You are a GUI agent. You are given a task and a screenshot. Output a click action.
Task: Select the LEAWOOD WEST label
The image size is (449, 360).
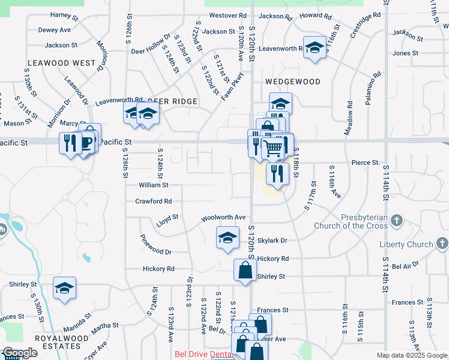tap(62, 62)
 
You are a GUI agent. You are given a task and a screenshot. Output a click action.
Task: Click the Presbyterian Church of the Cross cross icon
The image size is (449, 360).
tap(396, 221)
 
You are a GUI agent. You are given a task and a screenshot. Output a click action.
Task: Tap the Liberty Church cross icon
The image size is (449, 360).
tap(442, 244)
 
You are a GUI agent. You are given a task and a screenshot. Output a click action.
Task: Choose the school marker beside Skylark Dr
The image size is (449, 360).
tap(228, 238)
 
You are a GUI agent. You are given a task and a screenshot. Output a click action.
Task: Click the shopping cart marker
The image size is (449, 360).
tap(273, 147)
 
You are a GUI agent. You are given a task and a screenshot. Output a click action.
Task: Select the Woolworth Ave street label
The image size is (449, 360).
tap(223, 217)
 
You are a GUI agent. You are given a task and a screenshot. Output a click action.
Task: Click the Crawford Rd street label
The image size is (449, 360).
tap(153, 202)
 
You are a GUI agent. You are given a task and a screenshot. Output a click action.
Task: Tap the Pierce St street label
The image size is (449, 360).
tap(366, 163)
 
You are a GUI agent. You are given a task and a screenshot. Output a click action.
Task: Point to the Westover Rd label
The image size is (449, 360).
tap(228, 15)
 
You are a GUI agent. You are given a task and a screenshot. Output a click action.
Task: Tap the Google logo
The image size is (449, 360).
tap(20, 353)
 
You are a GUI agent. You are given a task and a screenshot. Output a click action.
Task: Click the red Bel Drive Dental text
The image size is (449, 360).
tap(204, 355)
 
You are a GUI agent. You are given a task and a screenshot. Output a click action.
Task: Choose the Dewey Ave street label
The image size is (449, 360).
tap(55, 29)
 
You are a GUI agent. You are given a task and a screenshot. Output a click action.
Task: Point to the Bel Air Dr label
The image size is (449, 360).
tap(404, 266)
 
